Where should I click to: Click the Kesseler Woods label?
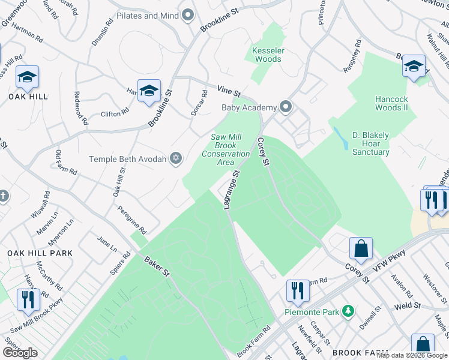coord(268,55)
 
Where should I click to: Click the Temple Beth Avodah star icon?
coord(175,158)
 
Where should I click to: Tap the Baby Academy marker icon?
coord(286,108)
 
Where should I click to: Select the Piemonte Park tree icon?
coord(347,311)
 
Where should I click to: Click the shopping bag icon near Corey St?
coord(361,248)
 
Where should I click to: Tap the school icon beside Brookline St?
coord(149,91)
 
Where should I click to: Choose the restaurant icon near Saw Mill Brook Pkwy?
coord(28,299)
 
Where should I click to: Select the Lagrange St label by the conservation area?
coord(231,189)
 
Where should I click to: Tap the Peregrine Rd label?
coord(133,221)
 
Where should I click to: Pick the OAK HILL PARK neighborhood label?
coord(40,253)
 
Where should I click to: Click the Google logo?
coord(20,353)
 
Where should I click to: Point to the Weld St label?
coord(406,307)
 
